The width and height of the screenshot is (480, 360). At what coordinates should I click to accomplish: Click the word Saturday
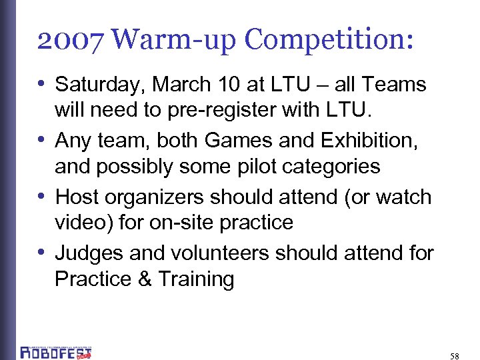click(x=100, y=85)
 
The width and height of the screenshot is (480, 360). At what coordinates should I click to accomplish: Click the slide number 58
click(x=455, y=356)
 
